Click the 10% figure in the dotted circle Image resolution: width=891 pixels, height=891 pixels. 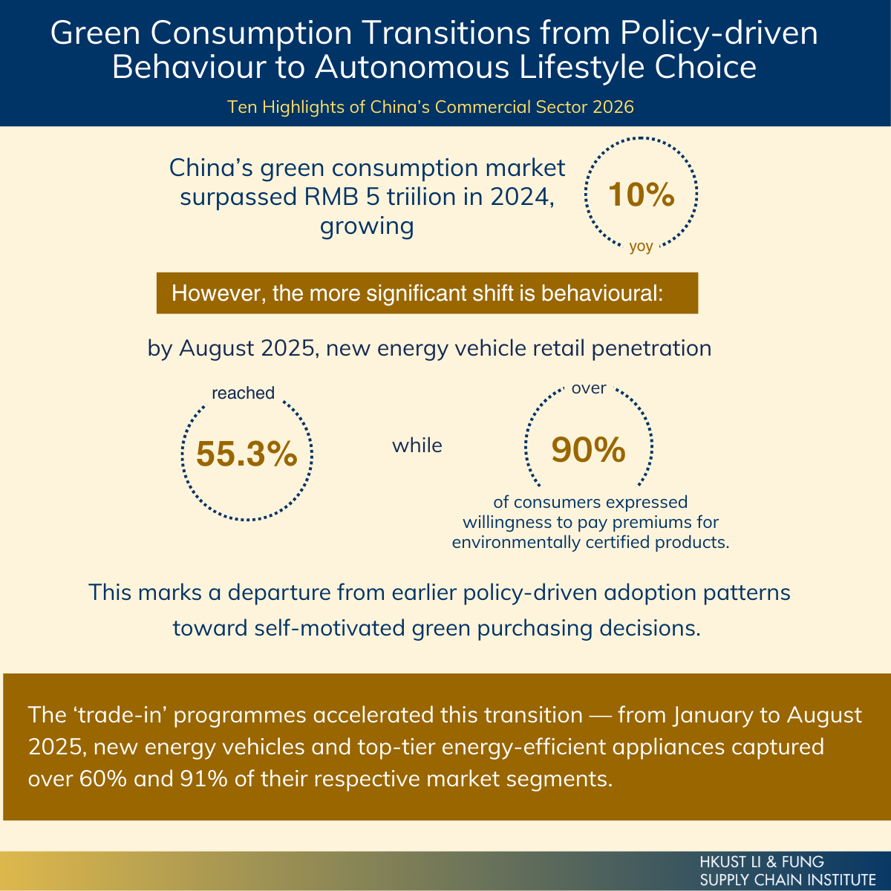(x=641, y=195)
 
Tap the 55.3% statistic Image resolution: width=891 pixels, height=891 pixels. (x=247, y=454)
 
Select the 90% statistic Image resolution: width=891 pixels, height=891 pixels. (x=588, y=449)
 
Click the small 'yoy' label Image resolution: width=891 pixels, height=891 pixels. (x=641, y=247)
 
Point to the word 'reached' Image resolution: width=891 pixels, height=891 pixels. (x=243, y=393)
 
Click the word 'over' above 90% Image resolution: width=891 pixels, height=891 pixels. (x=589, y=388)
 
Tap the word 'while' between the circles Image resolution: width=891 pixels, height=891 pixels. (x=417, y=446)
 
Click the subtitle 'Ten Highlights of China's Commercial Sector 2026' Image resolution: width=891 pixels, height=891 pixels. (x=431, y=107)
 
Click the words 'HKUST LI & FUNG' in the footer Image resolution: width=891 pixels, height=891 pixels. (x=762, y=862)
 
